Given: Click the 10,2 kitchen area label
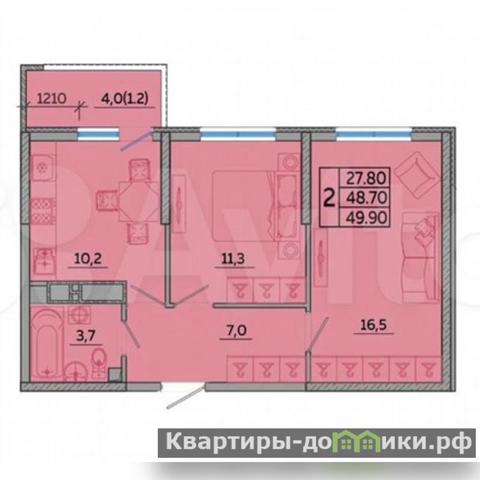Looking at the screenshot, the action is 88,259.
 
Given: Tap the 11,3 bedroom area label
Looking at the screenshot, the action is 233,259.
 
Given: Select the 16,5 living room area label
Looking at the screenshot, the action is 374,325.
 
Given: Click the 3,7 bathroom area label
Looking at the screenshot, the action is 86,336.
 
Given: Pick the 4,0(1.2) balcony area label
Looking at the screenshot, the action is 125,99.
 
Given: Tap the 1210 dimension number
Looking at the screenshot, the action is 52,98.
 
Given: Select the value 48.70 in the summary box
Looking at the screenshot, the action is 366,198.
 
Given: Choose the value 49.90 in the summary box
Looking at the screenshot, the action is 366,218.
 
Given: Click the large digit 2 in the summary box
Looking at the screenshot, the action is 329,198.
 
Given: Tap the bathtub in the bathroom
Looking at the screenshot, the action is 47,344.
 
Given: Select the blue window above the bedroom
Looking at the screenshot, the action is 238,134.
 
